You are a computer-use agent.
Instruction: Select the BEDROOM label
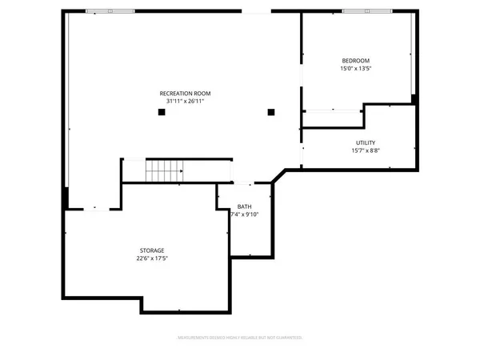[356, 61]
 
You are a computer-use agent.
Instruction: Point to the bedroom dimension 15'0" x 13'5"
[356, 69]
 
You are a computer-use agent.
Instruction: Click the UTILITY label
[366, 143]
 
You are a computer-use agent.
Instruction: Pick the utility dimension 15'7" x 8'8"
[366, 151]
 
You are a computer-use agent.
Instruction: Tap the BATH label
[243, 206]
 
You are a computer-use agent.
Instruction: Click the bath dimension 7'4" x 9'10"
[244, 214]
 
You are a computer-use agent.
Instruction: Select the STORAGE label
[152, 250]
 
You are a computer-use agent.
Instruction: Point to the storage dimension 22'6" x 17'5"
[152, 258]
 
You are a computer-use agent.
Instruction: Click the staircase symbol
[164, 170]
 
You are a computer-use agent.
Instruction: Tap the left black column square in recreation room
[162, 113]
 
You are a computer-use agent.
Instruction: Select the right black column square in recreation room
[271, 112]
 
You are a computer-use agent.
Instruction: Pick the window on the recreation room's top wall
[110, 11]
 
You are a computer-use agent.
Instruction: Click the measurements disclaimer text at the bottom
[240, 338]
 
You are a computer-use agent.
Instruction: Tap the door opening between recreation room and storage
[94, 208]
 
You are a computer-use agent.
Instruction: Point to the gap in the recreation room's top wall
[256, 11]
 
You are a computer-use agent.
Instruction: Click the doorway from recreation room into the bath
[248, 183]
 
